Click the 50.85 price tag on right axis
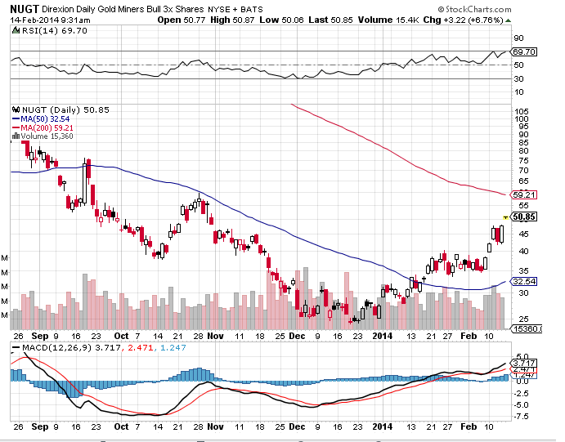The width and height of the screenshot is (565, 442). [524, 217]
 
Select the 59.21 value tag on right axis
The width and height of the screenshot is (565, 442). [522, 195]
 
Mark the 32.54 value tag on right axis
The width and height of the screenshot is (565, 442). [522, 282]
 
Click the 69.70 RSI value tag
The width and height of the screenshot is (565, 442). [522, 51]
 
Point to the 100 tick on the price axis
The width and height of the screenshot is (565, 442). [519, 118]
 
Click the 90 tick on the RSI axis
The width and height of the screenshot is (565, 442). [518, 38]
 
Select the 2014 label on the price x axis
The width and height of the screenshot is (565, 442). [383, 335]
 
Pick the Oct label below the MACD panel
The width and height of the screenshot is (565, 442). [122, 426]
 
